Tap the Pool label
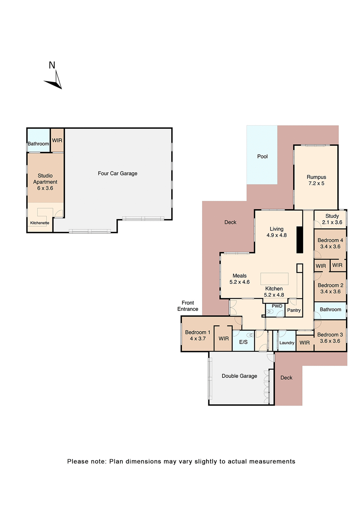(262, 156)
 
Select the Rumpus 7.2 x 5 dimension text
(316, 183)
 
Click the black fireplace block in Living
(299, 240)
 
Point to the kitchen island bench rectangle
(274, 279)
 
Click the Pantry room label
(293, 310)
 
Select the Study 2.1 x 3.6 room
(332, 219)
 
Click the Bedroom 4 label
(330, 240)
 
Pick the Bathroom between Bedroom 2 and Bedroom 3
(330, 309)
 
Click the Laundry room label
(287, 343)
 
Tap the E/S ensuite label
(243, 342)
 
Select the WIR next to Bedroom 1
(223, 339)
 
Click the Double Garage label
(239, 376)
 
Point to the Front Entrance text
(188, 306)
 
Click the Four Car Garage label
(117, 173)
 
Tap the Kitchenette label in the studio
(39, 223)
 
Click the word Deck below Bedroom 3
(286, 378)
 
